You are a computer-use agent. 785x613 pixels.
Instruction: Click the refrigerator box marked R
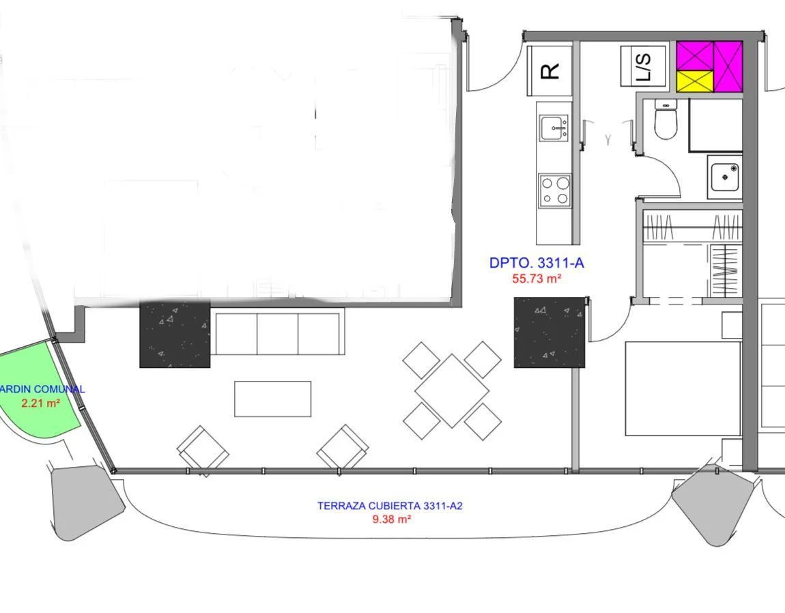549,70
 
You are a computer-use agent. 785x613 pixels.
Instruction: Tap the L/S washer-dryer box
644,67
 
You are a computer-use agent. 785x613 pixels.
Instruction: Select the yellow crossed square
695,82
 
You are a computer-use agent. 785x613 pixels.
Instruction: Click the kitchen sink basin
554,128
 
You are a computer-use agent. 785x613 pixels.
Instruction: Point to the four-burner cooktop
555,190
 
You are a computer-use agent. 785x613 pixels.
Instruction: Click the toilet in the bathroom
666,119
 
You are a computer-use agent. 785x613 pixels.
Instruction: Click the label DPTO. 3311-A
536,263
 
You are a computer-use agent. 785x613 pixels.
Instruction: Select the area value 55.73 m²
536,279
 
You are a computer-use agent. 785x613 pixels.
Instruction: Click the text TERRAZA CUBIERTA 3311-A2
390,506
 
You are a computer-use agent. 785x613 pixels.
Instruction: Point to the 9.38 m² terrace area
392,519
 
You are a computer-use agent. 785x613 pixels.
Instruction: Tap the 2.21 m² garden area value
41,403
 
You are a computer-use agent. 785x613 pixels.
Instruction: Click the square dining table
452,390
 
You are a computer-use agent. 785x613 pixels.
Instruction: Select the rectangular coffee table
273,399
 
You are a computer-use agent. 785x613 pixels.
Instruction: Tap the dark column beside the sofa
175,334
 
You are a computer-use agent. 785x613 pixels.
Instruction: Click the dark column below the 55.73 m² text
549,332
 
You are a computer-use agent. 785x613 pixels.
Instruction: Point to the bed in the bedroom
683,388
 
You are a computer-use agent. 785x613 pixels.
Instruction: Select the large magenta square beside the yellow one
728,67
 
